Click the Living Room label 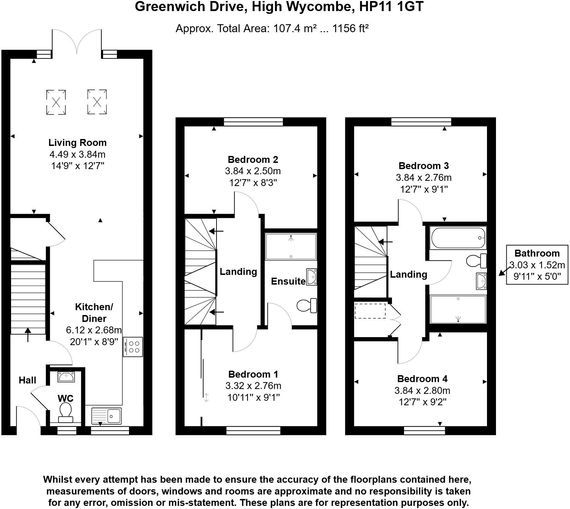pyautogui.click(x=77, y=142)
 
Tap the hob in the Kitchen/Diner pyautogui.click(x=133, y=347)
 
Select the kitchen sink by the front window pyautogui.click(x=107, y=416)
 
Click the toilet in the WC pyautogui.click(x=65, y=412)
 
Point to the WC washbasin pyautogui.click(x=66, y=377)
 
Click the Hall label pyautogui.click(x=27, y=380)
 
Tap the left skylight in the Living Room pyautogui.click(x=56, y=102)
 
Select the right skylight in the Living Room pyautogui.click(x=97, y=102)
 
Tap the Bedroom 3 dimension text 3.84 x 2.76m pyautogui.click(x=423, y=178)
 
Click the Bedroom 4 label pyautogui.click(x=422, y=379)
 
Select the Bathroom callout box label pyautogui.click(x=537, y=253)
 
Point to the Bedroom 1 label pyautogui.click(x=253, y=374)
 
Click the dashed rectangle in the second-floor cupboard pyautogui.click(x=370, y=311)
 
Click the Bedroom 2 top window pyautogui.click(x=253, y=122)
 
